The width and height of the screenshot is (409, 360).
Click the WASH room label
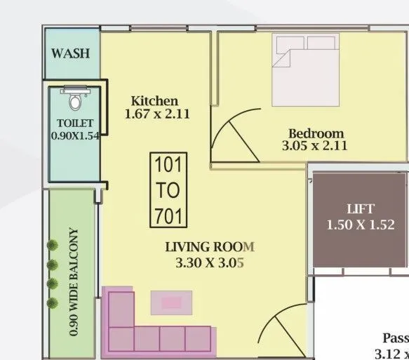(71, 54)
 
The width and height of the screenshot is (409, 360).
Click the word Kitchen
(154, 101)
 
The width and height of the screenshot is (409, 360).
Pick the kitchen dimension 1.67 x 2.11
(157, 114)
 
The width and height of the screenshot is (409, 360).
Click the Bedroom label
(316, 133)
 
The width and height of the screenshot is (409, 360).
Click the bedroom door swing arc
(233, 133)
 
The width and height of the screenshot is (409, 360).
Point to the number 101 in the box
(168, 166)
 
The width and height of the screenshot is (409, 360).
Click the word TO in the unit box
(168, 190)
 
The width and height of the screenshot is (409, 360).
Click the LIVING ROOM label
(209, 247)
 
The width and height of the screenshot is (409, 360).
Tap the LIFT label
(361, 209)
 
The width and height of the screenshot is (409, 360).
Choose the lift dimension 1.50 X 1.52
(361, 225)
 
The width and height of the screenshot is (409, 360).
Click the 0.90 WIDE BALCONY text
(74, 281)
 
